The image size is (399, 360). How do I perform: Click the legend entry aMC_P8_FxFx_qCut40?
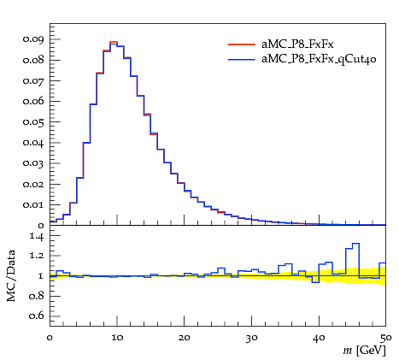coord(319,59)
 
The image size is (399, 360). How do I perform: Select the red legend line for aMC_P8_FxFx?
coord(241,44)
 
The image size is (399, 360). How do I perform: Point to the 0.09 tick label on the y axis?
coord(33,39)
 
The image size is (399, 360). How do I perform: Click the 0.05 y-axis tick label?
coord(33,122)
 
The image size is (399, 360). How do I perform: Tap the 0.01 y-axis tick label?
coord(33,204)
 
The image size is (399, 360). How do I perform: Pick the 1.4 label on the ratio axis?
coord(37,236)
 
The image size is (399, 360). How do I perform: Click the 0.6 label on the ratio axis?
coord(37,316)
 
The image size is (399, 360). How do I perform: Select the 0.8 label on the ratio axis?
coord(37,296)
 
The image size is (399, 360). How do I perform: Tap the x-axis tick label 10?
coord(117,338)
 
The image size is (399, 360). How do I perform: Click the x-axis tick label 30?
coord(252,338)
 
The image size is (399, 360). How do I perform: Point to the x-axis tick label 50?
coord(385,338)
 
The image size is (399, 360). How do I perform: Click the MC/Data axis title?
coord(11,276)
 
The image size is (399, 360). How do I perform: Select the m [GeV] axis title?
coord(364,350)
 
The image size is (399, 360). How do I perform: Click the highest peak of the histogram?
coord(114,42)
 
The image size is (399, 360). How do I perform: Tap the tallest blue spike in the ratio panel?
coord(355,244)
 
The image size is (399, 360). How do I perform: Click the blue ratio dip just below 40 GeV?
coord(315,282)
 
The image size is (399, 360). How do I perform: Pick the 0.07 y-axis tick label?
coord(33,80)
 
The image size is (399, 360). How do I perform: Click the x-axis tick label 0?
coord(50,338)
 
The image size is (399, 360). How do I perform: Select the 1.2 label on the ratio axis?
coord(37,256)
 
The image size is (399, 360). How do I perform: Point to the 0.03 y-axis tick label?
coord(33,163)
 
